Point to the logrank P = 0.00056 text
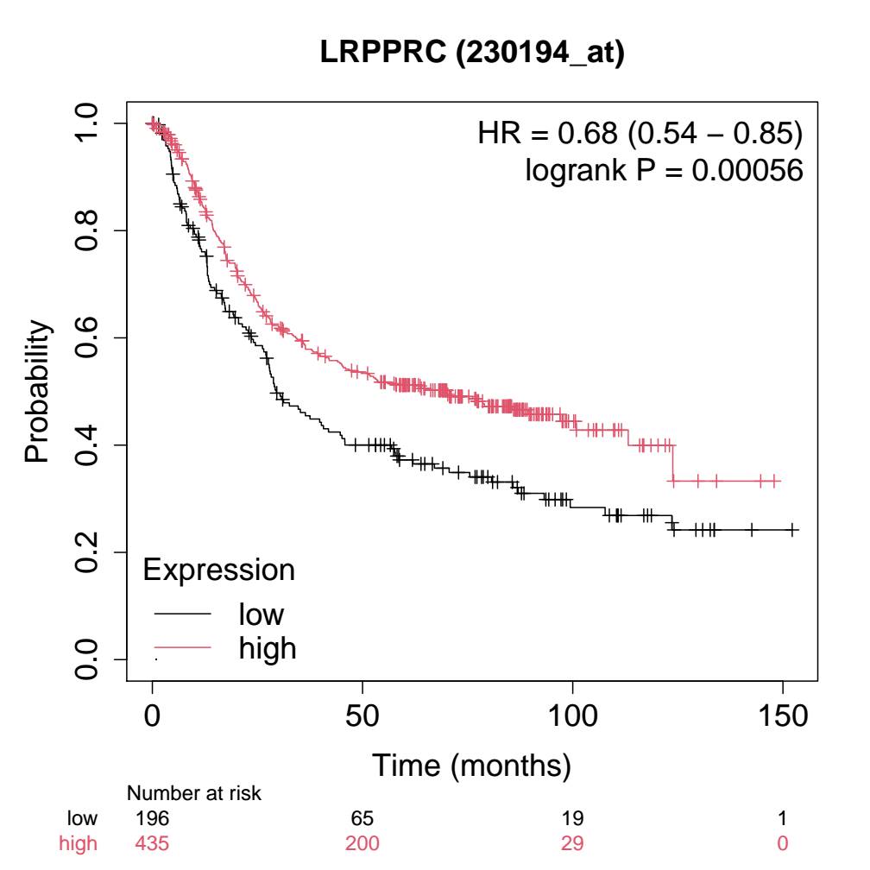click(x=664, y=171)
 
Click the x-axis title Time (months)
click(x=471, y=764)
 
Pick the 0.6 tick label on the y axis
click(x=90, y=337)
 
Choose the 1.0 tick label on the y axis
click(x=90, y=123)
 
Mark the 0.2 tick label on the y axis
click(x=90, y=552)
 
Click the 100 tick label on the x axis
click(x=572, y=715)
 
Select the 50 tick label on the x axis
click(x=362, y=715)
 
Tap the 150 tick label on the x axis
click(x=782, y=715)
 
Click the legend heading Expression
click(x=218, y=570)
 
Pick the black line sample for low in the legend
click(x=182, y=615)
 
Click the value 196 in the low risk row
click(x=152, y=816)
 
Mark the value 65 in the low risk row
click(x=362, y=816)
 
